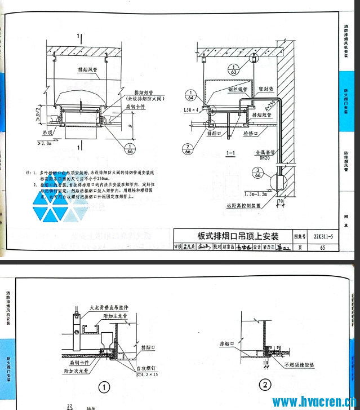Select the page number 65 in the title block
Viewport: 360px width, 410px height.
coord(322,247)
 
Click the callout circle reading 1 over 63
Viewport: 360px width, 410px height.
coord(233,70)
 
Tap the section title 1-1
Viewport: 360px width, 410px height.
coord(230,152)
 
